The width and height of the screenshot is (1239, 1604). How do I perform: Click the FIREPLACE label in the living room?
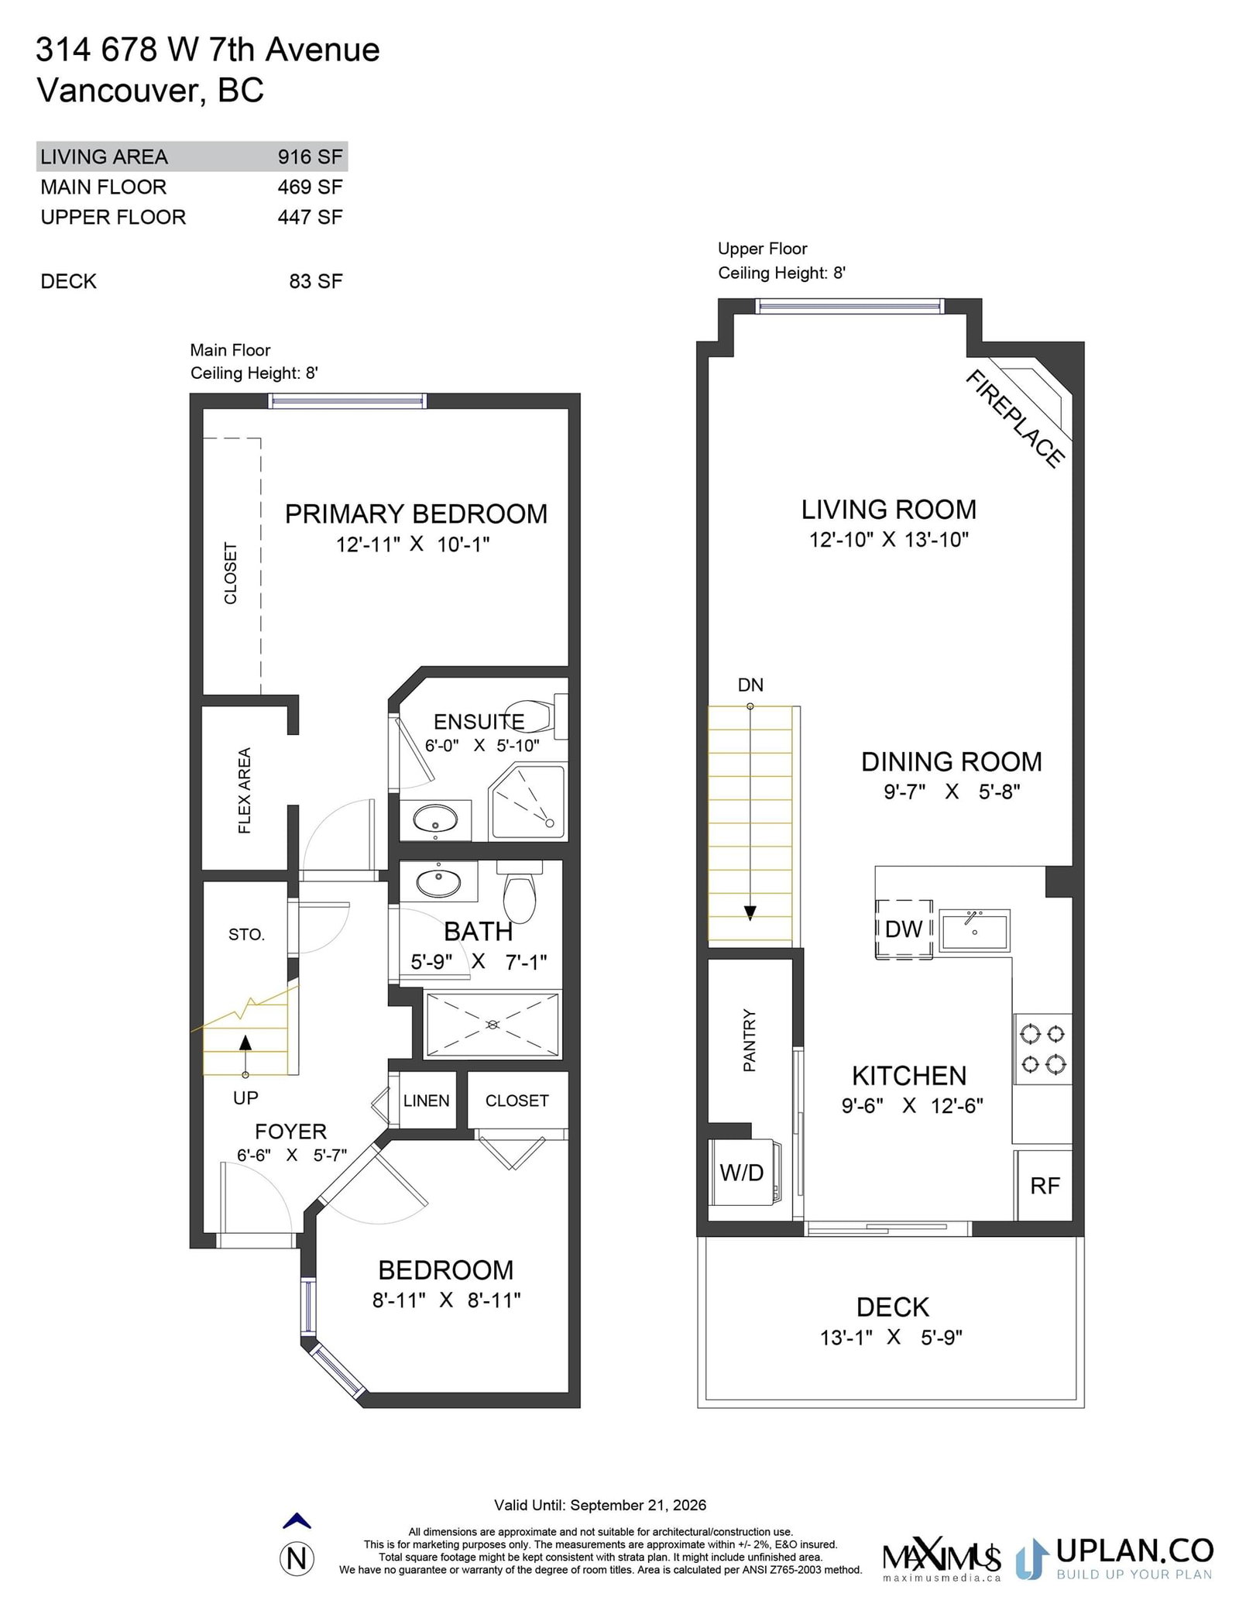tap(1014, 418)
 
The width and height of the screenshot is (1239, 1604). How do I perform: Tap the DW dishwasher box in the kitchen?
tap(904, 929)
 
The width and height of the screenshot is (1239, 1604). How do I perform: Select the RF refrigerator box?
tap(1044, 1185)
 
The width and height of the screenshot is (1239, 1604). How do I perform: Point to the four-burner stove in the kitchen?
tap(1042, 1049)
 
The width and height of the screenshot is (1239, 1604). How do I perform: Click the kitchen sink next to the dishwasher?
tap(974, 929)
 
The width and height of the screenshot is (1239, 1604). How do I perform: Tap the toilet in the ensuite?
tap(536, 713)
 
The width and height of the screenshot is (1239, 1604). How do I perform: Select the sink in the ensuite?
tap(435, 819)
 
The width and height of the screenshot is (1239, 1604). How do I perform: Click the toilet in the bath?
tap(520, 892)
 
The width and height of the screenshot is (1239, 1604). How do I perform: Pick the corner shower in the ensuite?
tap(528, 801)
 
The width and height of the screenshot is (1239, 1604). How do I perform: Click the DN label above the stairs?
tap(750, 685)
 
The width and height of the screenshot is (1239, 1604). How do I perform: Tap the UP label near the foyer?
tap(245, 1097)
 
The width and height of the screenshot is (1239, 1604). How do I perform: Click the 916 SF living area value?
tap(310, 156)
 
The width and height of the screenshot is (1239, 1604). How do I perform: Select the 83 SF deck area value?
tap(316, 281)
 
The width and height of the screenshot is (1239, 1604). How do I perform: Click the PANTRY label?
tap(749, 1040)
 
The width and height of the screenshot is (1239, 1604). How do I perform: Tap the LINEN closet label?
tap(426, 1101)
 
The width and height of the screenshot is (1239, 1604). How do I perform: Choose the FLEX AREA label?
tap(245, 790)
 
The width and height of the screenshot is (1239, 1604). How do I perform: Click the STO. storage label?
tap(246, 935)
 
